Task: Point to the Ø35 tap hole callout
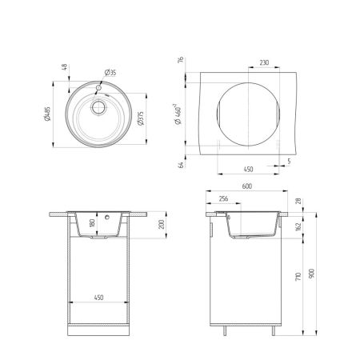pyautogui.click(x=111, y=74)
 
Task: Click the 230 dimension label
pyautogui.click(x=264, y=62)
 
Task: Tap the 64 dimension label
pyautogui.click(x=182, y=165)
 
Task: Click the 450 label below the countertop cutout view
pyautogui.click(x=248, y=169)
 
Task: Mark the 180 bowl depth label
pyautogui.click(x=92, y=223)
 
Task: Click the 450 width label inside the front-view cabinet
pyautogui.click(x=98, y=298)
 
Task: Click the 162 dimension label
pyautogui.click(x=297, y=227)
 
